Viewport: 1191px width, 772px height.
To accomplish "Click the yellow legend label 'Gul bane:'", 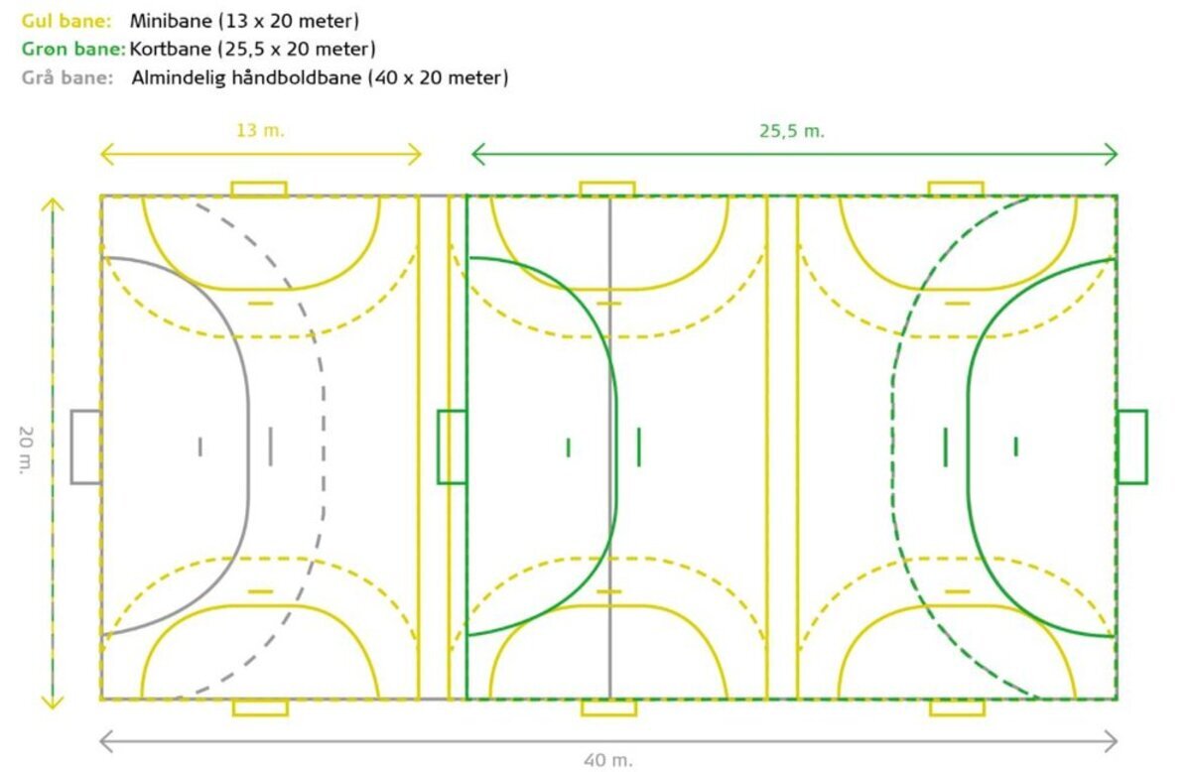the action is (x=66, y=21).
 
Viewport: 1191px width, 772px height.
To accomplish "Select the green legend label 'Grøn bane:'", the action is (x=73, y=49).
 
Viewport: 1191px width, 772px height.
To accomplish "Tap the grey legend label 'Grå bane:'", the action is (x=67, y=77).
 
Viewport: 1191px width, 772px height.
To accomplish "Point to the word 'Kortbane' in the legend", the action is (x=170, y=49).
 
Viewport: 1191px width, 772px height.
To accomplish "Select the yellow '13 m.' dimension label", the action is (x=260, y=131).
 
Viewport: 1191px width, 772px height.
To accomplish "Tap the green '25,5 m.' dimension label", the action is (x=792, y=131).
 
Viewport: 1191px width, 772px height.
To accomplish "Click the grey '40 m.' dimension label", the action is (x=608, y=760).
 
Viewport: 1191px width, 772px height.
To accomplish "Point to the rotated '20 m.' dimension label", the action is (x=26, y=450).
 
